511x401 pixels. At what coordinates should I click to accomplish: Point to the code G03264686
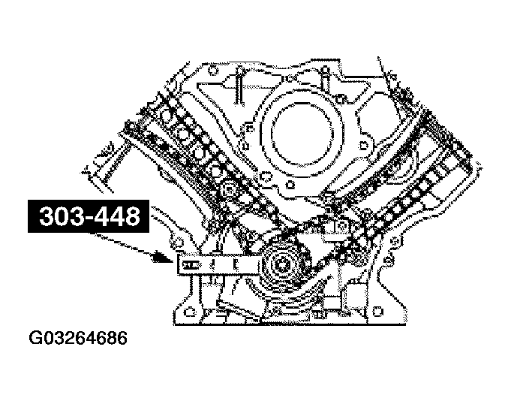78,338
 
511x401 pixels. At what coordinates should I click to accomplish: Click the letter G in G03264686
35,338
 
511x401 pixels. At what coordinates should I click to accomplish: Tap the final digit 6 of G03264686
122,338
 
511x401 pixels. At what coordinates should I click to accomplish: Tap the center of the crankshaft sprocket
284,264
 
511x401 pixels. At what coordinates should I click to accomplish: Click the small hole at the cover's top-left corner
213,73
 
